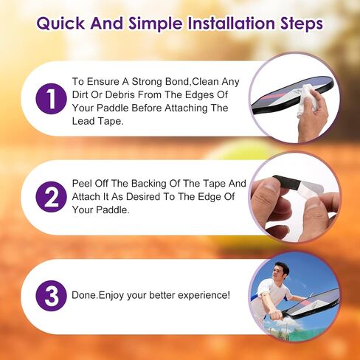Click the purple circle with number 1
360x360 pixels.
(x=51, y=99)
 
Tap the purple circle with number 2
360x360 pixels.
(x=51, y=197)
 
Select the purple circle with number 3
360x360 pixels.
(x=51, y=296)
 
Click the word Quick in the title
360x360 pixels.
(x=60, y=24)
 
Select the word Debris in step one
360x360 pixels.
(x=120, y=94)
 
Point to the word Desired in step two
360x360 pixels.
(x=144, y=196)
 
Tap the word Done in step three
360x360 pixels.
(x=83, y=295)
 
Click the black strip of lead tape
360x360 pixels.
(x=287, y=184)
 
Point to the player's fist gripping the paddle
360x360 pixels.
(x=274, y=315)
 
